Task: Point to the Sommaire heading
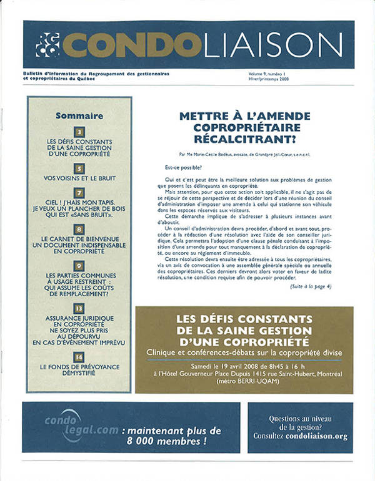pos(79,115)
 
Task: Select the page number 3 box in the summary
pos(79,132)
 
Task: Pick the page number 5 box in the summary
pos(79,168)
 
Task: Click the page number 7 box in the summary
pos(79,193)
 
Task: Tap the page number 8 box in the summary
pos(79,230)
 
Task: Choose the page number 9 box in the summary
pos(79,266)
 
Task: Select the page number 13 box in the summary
pos(79,308)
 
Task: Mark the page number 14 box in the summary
pos(79,357)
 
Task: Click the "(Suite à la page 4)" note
pos(311,286)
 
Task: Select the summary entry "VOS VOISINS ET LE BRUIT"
pos(79,178)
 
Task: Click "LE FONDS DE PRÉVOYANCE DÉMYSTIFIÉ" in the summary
pos(79,372)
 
